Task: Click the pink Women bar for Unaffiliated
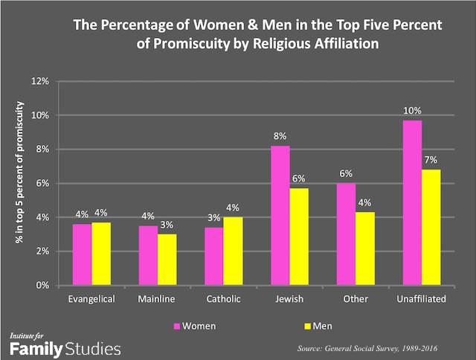click(x=411, y=202)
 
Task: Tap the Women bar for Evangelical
click(x=81, y=254)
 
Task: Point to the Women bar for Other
click(x=346, y=234)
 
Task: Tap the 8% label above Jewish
click(x=280, y=137)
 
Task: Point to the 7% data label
click(x=431, y=161)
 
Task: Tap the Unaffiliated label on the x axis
click(x=421, y=299)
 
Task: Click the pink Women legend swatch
click(x=176, y=325)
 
